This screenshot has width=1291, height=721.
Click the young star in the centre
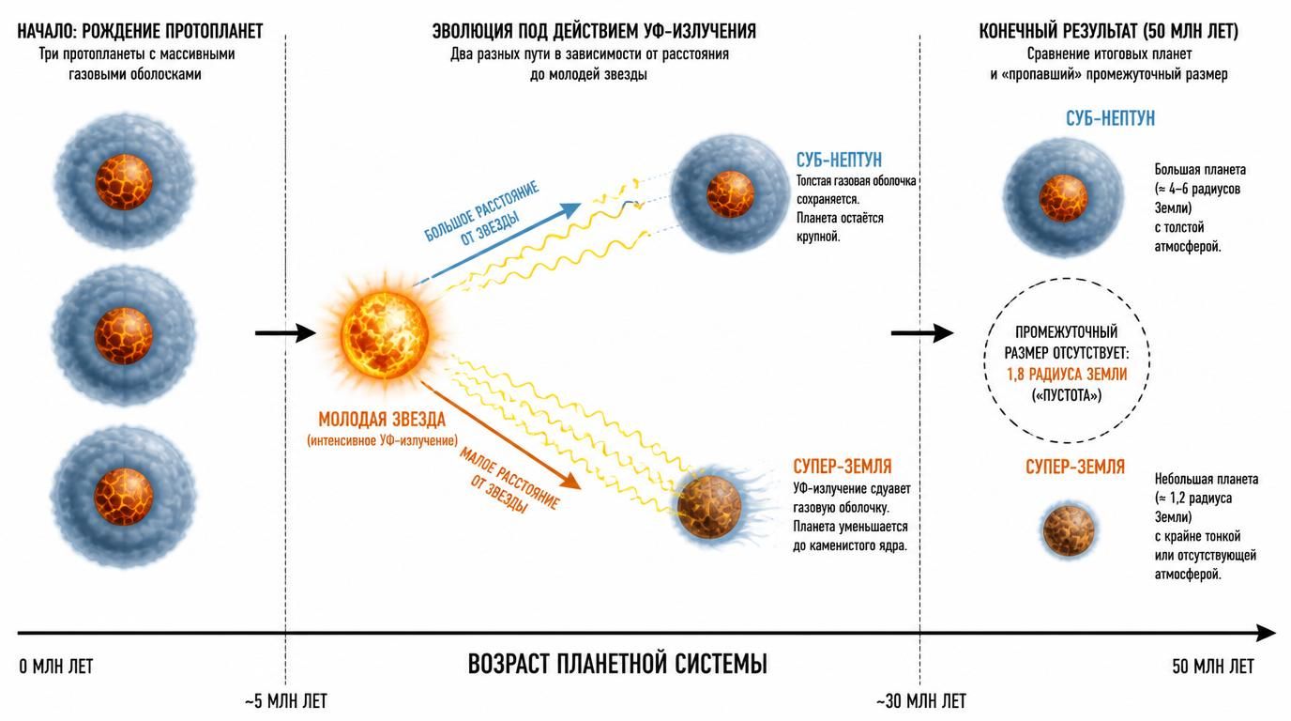coord(385,333)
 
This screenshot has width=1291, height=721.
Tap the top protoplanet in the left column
coord(124,182)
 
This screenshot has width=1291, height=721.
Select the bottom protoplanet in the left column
coord(123,498)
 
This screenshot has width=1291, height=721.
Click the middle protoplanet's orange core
coord(123,336)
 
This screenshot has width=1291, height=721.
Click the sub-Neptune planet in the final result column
coord(1063,197)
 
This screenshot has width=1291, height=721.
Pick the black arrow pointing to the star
coord(285,333)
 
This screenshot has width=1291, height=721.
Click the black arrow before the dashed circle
coord(922,333)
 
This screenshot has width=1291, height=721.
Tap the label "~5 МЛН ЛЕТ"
coord(286,701)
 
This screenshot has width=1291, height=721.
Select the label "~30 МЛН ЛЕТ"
coord(921,701)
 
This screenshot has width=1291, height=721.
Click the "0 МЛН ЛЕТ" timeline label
coord(56,667)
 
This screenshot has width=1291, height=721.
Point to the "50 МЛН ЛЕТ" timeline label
coord(1213,667)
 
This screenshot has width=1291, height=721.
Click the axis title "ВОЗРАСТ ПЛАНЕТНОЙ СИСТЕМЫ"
coord(617,664)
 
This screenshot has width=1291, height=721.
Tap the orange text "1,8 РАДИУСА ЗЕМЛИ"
coord(1067,375)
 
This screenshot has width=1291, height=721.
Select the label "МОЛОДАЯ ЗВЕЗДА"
coord(382,420)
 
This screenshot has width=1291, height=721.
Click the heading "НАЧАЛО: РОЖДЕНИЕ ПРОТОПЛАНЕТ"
coord(140,31)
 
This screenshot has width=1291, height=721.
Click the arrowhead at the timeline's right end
coord(1266,633)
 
